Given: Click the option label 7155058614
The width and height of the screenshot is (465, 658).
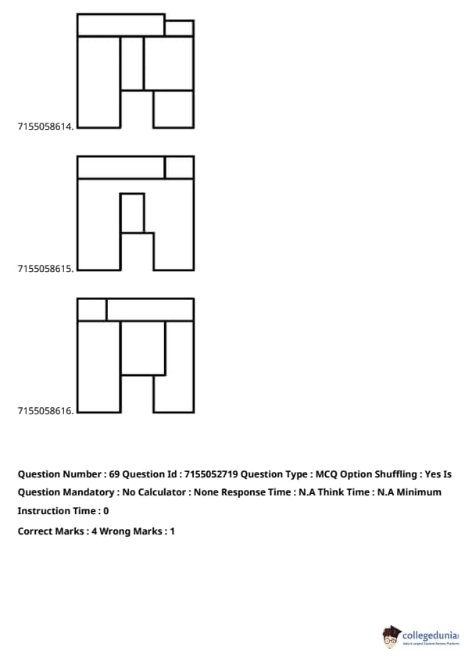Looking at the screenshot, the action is [46, 127].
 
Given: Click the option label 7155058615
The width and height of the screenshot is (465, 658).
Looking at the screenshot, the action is [46, 269].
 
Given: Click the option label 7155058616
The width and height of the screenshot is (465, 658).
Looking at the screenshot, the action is [46, 411].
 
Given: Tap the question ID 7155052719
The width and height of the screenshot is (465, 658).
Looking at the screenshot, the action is [211, 474].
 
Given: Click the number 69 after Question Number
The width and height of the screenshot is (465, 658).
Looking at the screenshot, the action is [114, 474].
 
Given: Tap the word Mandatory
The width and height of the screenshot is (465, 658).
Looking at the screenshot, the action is [92, 492].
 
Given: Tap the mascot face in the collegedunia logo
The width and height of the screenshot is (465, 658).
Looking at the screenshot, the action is [391, 638].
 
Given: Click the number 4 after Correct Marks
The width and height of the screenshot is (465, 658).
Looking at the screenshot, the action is [94, 531].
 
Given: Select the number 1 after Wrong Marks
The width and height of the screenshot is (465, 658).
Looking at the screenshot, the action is [173, 531].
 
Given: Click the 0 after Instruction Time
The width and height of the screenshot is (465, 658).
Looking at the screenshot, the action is [106, 511].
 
